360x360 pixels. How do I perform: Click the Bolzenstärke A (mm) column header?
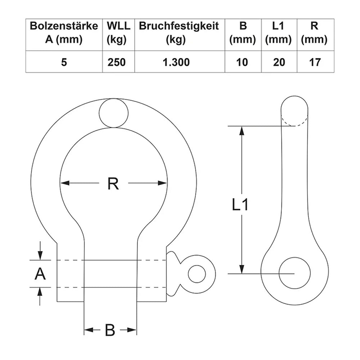pyautogui.click(x=64, y=33)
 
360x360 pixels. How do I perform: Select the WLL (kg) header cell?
pyautogui.click(x=117, y=33)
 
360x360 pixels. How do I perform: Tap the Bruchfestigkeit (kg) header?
pyautogui.click(x=179, y=33)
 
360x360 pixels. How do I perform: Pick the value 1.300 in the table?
pyautogui.click(x=176, y=62)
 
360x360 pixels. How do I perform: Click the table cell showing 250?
pyautogui.click(x=117, y=62)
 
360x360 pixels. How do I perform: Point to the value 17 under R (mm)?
pyautogui.click(x=315, y=62)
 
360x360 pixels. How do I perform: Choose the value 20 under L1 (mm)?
pyautogui.click(x=279, y=62)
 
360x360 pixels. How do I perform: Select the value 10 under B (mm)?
pyautogui.click(x=243, y=62)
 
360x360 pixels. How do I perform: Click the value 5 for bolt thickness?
pyautogui.click(x=64, y=62)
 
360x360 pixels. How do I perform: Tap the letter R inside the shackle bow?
pyautogui.click(x=113, y=184)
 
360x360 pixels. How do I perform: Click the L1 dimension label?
pyautogui.click(x=240, y=205)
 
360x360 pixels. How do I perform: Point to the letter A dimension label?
pyautogui.click(x=40, y=274)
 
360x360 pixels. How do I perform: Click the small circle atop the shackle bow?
pyautogui.click(x=114, y=113)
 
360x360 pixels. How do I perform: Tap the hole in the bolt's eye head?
pyautogui.click(x=197, y=274)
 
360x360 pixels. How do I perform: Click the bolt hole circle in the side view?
pyautogui.click(x=294, y=273)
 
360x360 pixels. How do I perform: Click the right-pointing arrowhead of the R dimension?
pyautogui.click(x=163, y=183)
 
